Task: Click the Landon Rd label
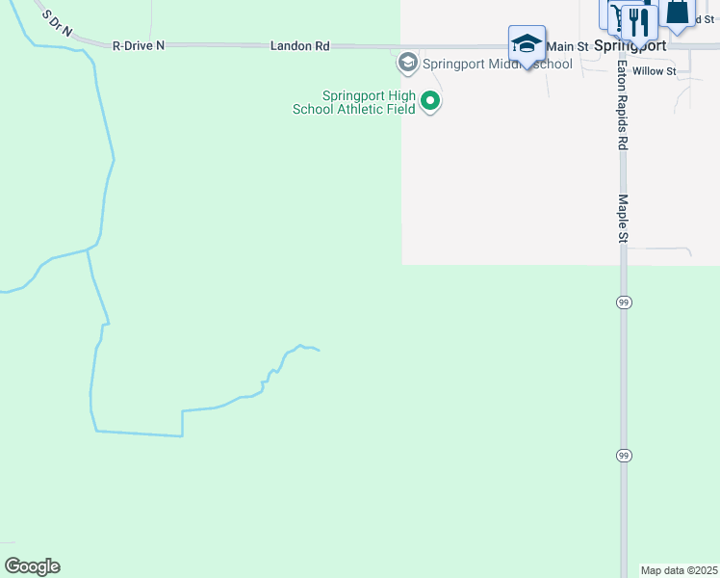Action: click(x=300, y=45)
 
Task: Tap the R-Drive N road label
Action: click(x=139, y=45)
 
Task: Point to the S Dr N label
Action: click(x=58, y=22)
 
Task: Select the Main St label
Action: click(x=567, y=46)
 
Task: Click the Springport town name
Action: click(x=630, y=46)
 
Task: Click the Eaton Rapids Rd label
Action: click(x=623, y=106)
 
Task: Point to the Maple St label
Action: click(x=623, y=219)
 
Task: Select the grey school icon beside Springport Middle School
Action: click(x=407, y=64)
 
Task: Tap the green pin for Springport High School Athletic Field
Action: click(x=431, y=100)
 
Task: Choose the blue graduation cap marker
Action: click(x=527, y=43)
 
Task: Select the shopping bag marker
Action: click(x=677, y=13)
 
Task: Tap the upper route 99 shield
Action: click(x=624, y=302)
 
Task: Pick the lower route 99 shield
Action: click(x=624, y=456)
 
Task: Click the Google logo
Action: click(x=33, y=566)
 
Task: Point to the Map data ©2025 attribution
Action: click(x=679, y=570)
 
